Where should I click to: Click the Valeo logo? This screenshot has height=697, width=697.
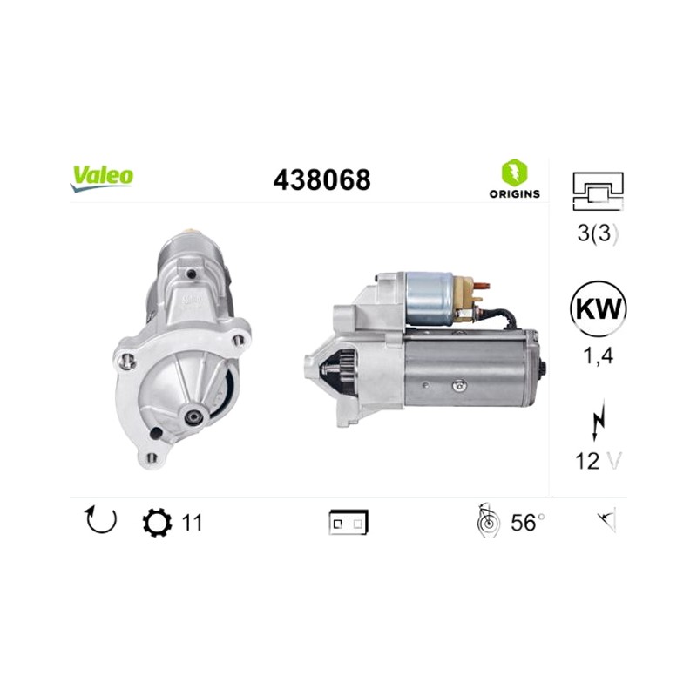pyautogui.click(x=101, y=178)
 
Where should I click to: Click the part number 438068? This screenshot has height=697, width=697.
pyautogui.click(x=321, y=180)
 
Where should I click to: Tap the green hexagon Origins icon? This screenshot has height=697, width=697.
pyautogui.click(x=514, y=172)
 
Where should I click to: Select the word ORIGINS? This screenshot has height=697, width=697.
pyautogui.click(x=514, y=193)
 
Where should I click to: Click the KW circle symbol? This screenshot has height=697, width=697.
pyautogui.click(x=598, y=308)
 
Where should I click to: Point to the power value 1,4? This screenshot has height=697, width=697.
pyautogui.click(x=598, y=355)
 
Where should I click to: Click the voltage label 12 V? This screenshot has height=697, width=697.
pyautogui.click(x=598, y=461)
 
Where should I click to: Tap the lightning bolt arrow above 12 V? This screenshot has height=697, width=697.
pyautogui.click(x=599, y=419)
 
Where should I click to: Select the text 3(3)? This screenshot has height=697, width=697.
pyautogui.click(x=598, y=233)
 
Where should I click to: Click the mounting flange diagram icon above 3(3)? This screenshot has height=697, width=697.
pyautogui.click(x=599, y=191)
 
